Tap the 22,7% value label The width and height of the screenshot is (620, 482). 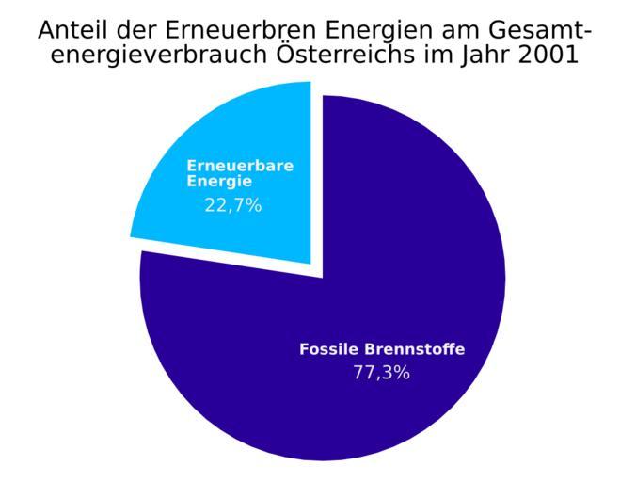(x=232, y=204)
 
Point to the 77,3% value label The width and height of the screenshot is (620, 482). (x=381, y=372)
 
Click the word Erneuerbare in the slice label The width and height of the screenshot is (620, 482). (x=240, y=166)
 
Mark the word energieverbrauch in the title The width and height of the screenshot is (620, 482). (x=153, y=56)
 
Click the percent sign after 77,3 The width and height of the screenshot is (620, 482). (x=401, y=372)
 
